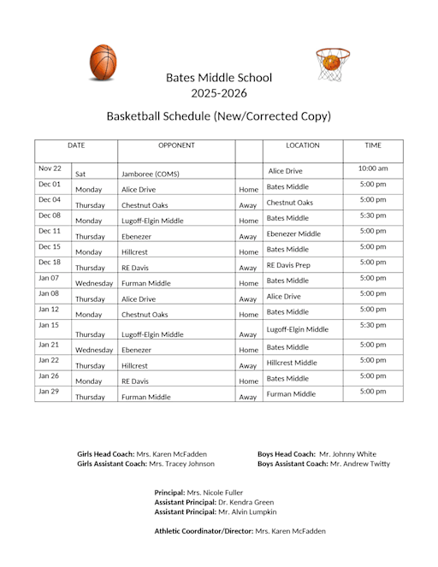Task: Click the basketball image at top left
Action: [103, 62]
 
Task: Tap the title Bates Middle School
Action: [219, 78]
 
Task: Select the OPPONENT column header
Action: [176, 145]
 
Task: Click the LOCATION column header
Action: [302, 145]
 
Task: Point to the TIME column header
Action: [373, 145]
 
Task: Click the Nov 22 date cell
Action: [50, 168]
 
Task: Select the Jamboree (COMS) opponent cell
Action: [150, 174]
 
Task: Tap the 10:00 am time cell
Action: [373, 168]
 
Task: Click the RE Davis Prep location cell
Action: [288, 265]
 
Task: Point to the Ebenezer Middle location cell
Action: [293, 233]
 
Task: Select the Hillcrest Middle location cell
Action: [292, 363]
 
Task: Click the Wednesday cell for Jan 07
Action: [94, 283]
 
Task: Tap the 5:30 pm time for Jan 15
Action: [373, 325]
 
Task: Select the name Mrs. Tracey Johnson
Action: [182, 464]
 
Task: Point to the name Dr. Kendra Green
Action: [246, 502]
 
